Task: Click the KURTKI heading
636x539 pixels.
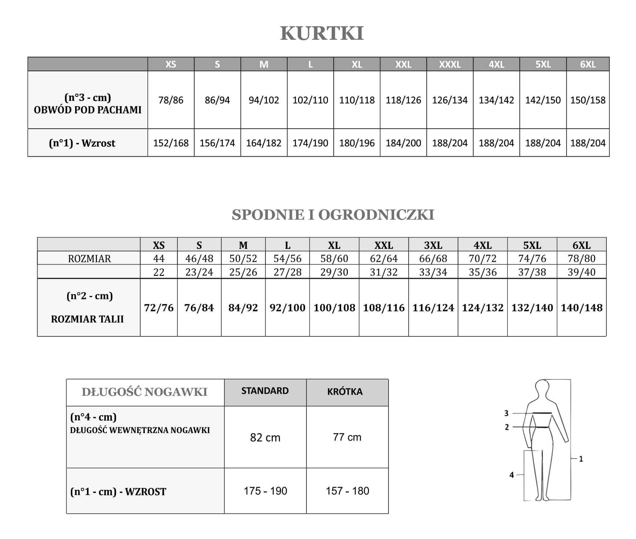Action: point(322,33)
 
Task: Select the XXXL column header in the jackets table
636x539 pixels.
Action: point(450,64)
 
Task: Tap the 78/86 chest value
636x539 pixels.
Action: point(171,100)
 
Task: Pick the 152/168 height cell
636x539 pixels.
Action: point(171,143)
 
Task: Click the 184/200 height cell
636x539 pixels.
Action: point(403,143)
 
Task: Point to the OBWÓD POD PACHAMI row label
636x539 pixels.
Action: point(88,110)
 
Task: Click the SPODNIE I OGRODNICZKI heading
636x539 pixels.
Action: point(333,215)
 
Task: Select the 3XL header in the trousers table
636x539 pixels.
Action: point(433,245)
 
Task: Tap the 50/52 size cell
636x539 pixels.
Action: point(243,258)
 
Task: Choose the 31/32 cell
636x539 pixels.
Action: point(384,272)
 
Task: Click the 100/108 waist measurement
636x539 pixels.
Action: point(334,308)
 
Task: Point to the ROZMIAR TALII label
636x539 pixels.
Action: point(87,319)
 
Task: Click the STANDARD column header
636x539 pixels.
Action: point(265,391)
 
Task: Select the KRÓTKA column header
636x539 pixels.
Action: point(345,391)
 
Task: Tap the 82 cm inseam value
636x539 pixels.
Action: point(265,437)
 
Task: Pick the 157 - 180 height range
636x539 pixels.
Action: point(347,491)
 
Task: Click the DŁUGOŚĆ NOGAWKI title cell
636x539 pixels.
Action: point(144,392)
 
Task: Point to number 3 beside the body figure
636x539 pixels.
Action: point(506,413)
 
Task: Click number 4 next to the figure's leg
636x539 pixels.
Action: point(511,475)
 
